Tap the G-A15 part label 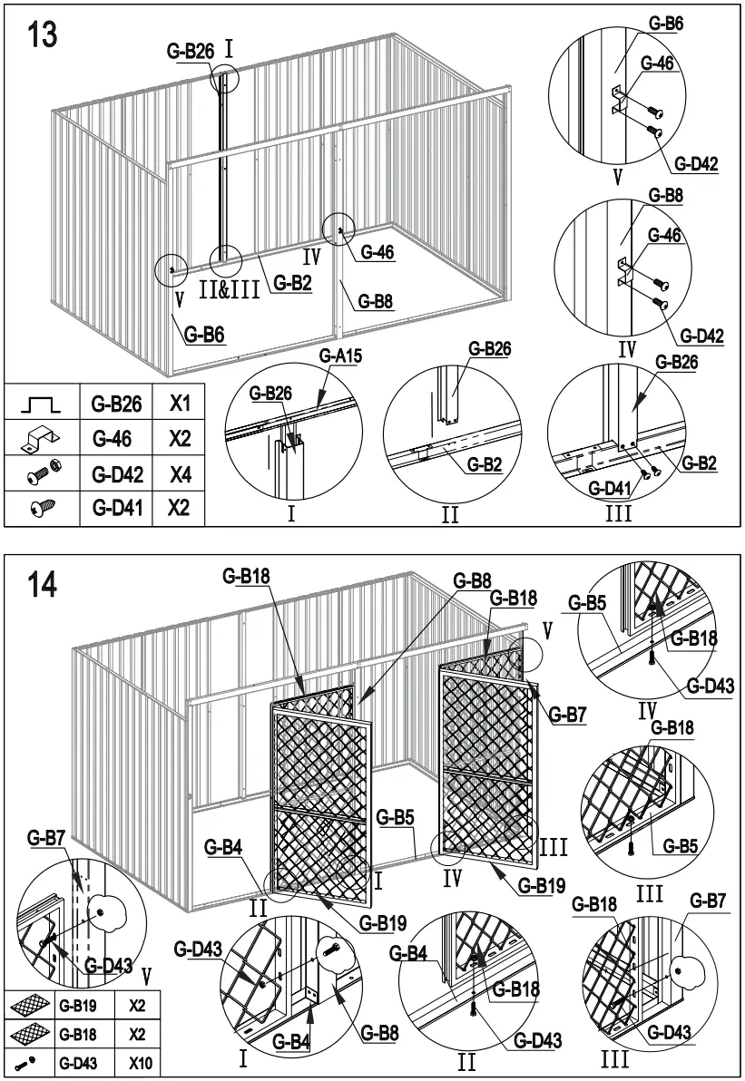pyautogui.click(x=340, y=355)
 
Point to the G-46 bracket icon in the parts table pyautogui.click(x=39, y=440)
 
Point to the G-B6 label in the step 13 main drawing pyautogui.click(x=204, y=335)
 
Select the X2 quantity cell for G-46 pyautogui.click(x=179, y=439)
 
